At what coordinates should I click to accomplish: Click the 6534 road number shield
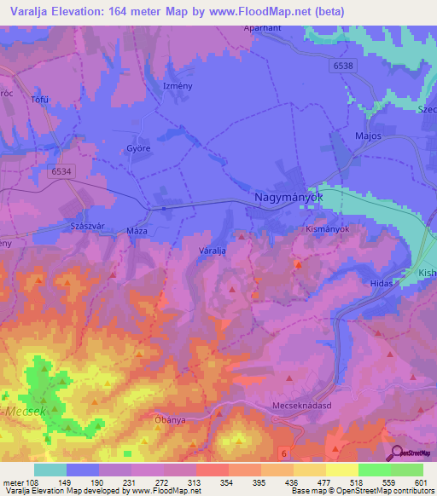[61, 171]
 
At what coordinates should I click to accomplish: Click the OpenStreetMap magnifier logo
[396, 453]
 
